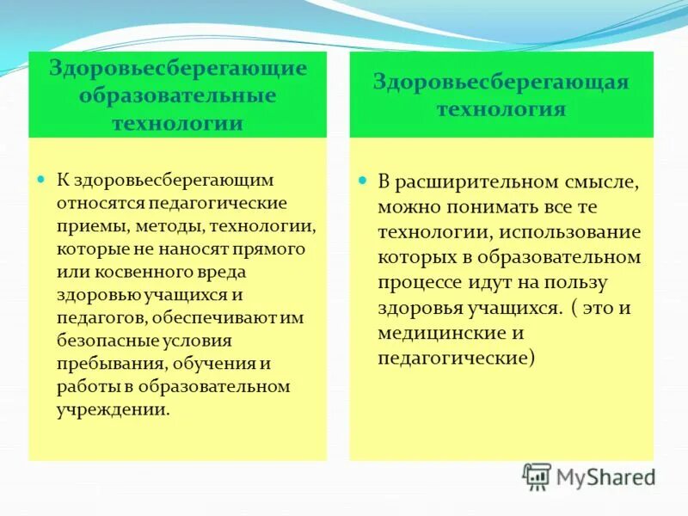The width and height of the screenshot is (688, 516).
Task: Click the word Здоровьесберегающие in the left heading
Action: point(177,69)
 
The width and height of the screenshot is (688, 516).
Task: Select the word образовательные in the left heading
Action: point(177,95)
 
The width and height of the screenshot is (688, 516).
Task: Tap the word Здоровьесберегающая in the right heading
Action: point(501,82)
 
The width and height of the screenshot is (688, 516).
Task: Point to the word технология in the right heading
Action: point(501,109)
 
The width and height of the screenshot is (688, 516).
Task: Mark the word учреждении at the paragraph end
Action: point(111,409)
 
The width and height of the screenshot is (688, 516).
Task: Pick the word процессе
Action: point(421,283)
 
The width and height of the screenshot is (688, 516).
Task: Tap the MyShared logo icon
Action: point(537,476)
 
